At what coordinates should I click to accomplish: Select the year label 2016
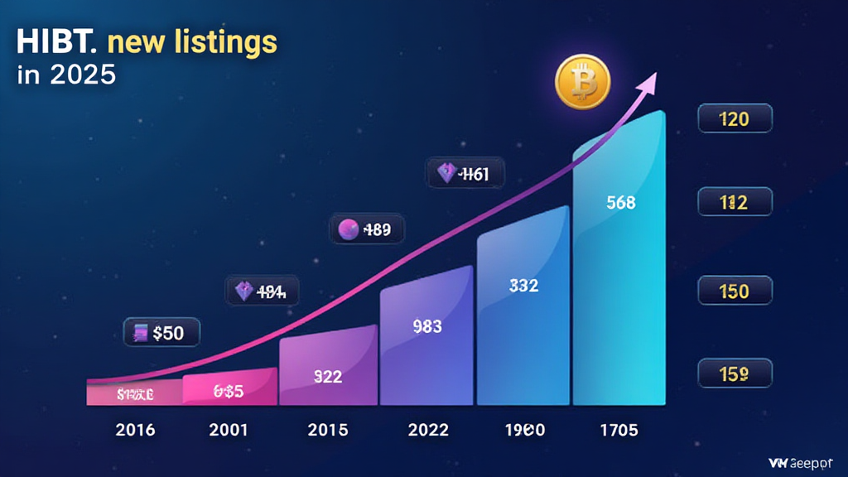point(135,431)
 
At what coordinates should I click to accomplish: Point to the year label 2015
point(328,431)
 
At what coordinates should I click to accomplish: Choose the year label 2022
point(428,431)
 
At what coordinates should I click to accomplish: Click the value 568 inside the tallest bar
point(620,201)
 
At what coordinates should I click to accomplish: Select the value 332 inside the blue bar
point(523,286)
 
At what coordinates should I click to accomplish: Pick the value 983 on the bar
point(426,326)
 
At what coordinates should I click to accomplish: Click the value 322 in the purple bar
point(328,376)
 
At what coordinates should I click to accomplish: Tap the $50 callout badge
point(161,333)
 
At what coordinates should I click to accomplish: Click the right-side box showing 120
point(735,119)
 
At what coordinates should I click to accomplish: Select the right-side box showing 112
point(735,202)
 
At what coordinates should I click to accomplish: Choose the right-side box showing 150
point(735,291)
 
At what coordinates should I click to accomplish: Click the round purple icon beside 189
point(349,229)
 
